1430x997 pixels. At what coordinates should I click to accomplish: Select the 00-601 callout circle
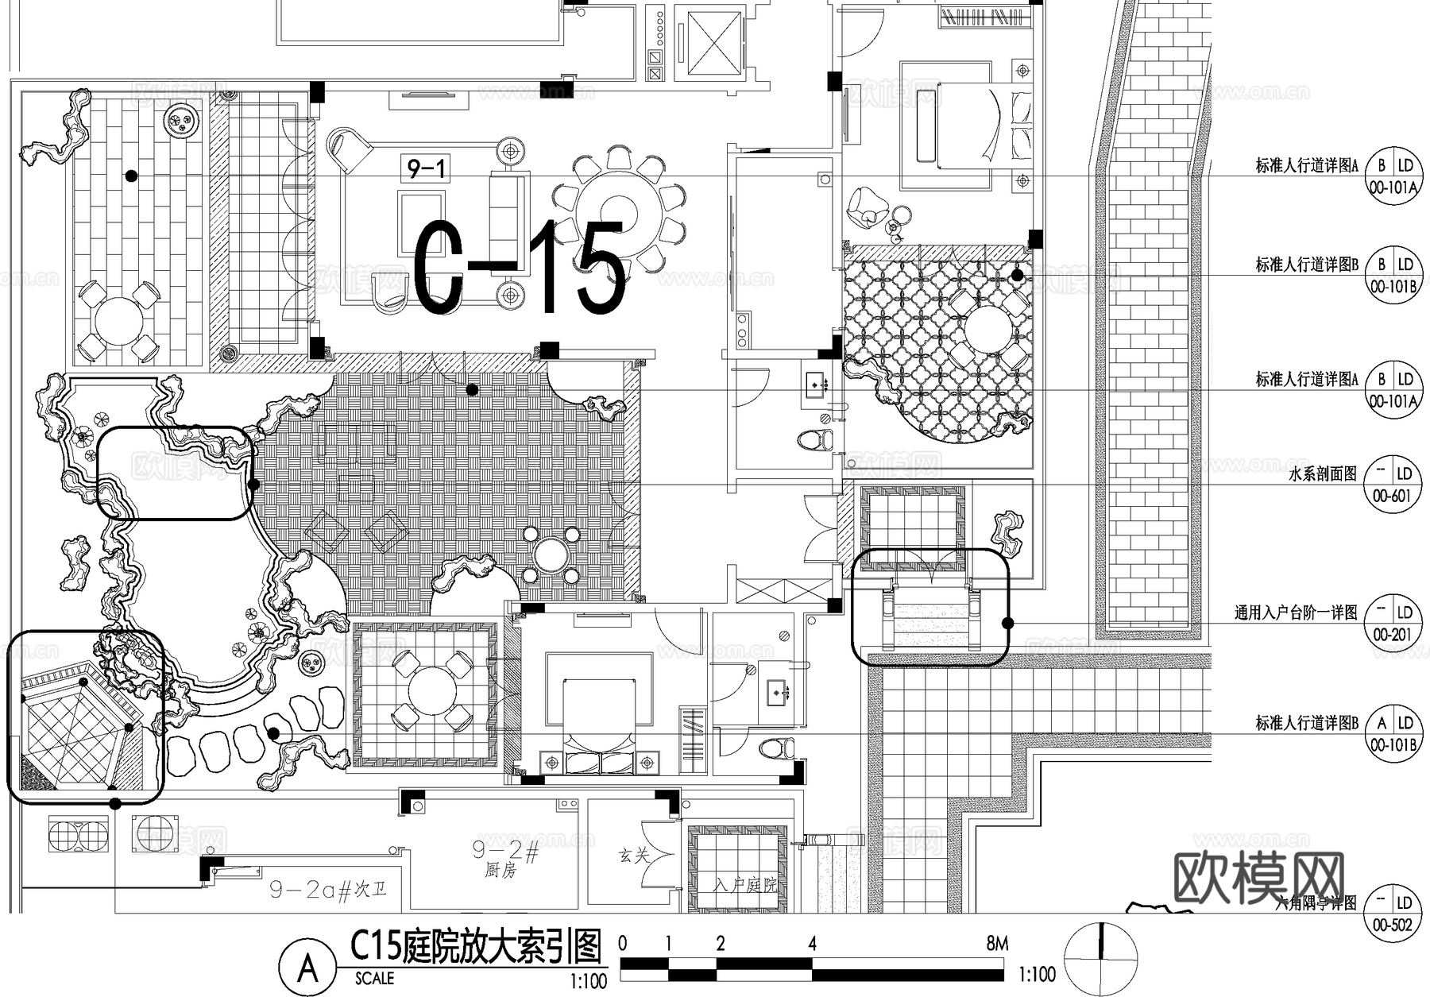1391,484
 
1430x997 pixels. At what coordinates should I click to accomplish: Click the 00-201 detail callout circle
1391,623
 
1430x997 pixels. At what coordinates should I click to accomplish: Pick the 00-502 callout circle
1391,914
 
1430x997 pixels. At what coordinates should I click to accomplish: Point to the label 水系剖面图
1323,475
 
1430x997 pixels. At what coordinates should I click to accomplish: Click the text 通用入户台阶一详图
1296,613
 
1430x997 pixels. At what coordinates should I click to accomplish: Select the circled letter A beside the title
307,968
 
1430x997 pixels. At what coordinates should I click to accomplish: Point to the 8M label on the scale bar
997,944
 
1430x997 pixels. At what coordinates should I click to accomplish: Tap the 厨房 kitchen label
500,871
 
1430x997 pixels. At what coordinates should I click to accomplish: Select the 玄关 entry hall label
634,856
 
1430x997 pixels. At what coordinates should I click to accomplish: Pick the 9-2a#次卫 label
327,890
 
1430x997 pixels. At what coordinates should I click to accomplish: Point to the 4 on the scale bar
812,944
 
